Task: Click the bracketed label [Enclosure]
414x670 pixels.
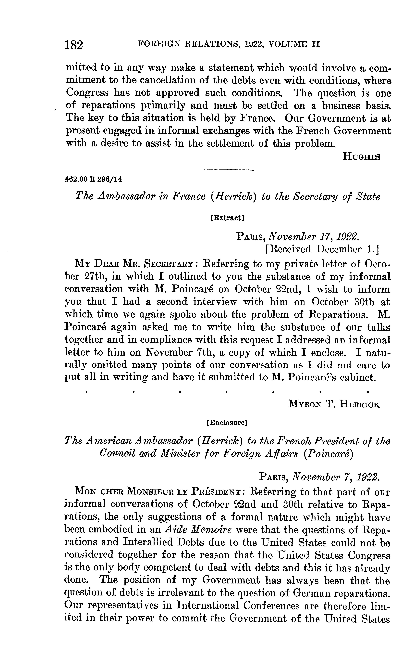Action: point(227,423)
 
